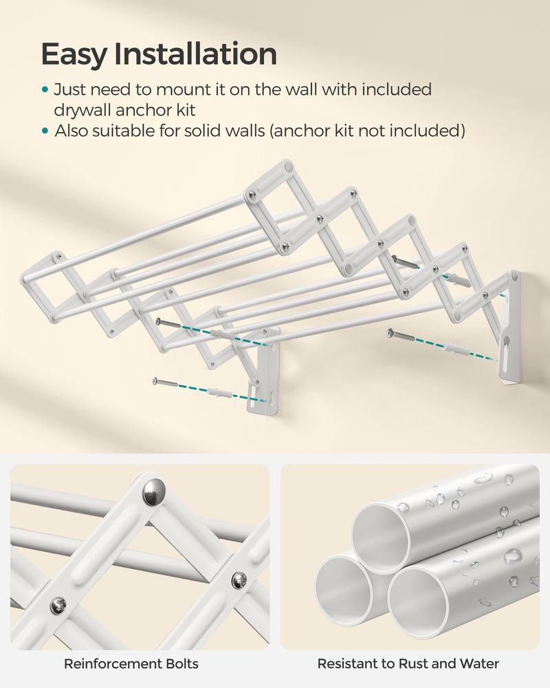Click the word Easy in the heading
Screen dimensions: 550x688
74,54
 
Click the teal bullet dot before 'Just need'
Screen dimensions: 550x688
44,90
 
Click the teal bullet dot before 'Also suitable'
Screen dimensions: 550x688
44,131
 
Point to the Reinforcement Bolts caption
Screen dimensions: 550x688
131,664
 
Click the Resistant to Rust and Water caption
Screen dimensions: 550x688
408,664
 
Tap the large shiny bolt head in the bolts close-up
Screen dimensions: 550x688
154,491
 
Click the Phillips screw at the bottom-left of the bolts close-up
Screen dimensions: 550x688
58,606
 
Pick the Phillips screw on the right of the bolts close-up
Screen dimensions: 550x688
239,581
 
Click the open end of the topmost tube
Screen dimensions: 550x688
381,538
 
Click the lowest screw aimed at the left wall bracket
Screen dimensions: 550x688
165,383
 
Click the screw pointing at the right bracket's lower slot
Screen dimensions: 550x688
401,336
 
